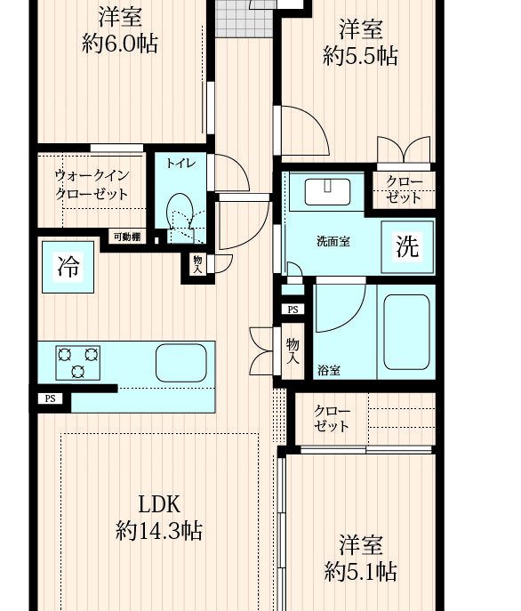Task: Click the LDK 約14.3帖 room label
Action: (x=159, y=517)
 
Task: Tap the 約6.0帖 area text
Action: (x=120, y=44)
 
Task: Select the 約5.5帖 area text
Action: (x=360, y=56)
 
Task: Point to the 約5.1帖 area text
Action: (x=360, y=572)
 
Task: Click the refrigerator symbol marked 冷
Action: (x=68, y=267)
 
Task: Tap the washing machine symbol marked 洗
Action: (x=407, y=247)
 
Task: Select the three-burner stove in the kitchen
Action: (x=78, y=363)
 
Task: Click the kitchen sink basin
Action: (x=181, y=363)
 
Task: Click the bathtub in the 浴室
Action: (x=407, y=332)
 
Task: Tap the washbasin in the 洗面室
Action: (x=327, y=192)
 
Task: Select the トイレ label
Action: (x=181, y=163)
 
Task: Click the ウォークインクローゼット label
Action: (x=92, y=185)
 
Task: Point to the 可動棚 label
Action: (x=127, y=237)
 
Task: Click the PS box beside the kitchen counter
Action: (x=51, y=398)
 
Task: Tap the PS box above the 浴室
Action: (x=293, y=310)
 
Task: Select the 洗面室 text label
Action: (x=333, y=242)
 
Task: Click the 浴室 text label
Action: (x=329, y=370)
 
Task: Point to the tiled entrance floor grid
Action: (x=244, y=19)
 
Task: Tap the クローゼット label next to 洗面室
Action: (x=405, y=189)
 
